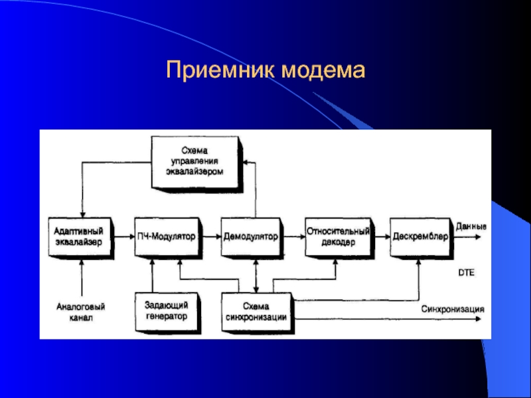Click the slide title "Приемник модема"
[x=265, y=70]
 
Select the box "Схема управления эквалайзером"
[x=197, y=164]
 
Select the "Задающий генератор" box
[x=168, y=312]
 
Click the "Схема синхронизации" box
[x=258, y=312]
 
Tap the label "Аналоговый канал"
[x=81, y=312]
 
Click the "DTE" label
[x=467, y=273]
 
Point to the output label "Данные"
[x=471, y=226]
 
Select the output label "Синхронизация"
[x=453, y=308]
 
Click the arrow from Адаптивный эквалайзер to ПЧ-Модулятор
[x=124, y=237]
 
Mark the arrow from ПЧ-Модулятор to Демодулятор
[x=211, y=237]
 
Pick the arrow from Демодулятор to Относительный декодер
[x=294, y=237]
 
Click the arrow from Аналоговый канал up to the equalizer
[x=82, y=278]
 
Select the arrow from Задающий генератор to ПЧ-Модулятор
[x=153, y=276]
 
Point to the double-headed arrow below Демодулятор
[x=256, y=276]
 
